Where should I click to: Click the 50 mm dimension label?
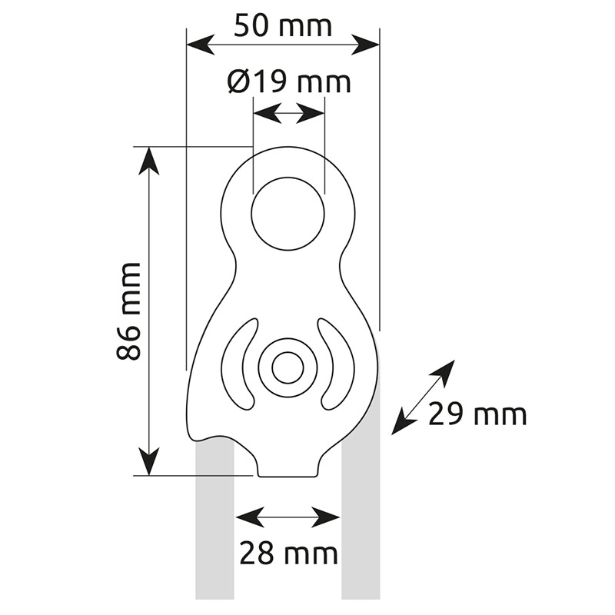click(283, 26)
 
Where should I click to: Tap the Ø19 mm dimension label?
click(289, 82)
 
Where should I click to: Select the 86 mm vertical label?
click(128, 311)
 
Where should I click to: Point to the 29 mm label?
click(477, 415)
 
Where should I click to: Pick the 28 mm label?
click(288, 553)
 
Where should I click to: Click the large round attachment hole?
click(288, 214)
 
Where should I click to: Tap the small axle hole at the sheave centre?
click(288, 368)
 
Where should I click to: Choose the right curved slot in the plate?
click(336, 364)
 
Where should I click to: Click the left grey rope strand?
click(215, 522)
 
